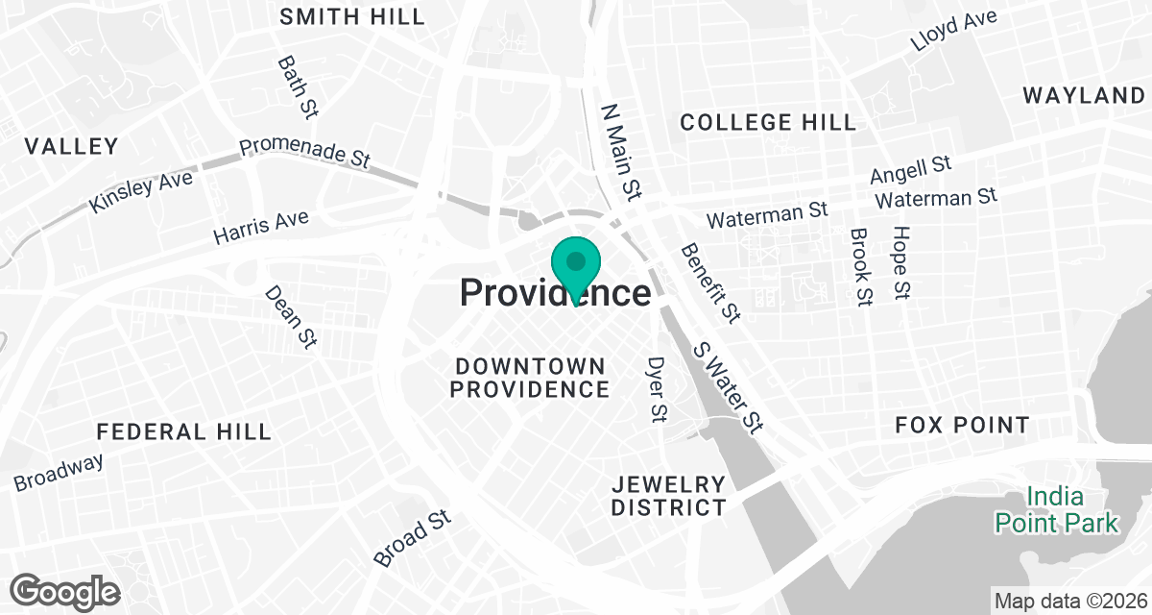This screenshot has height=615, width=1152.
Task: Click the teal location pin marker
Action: [x=576, y=263]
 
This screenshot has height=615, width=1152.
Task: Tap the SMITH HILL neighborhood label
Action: [x=352, y=16]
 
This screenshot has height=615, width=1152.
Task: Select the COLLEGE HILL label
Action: [x=768, y=122]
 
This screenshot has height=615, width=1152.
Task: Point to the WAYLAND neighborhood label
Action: [x=1083, y=95]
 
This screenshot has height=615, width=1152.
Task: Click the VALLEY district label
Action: [x=71, y=146]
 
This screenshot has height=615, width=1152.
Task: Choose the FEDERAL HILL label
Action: [x=184, y=431]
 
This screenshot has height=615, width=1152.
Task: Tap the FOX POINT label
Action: [x=962, y=425]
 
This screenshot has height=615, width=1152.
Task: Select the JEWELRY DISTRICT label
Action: [x=668, y=495]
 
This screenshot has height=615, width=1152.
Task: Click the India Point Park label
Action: [x=1056, y=510]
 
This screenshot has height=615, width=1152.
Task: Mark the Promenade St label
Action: [x=304, y=153]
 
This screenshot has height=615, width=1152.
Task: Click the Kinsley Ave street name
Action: [x=140, y=191]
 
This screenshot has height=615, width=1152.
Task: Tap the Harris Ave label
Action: [x=261, y=227]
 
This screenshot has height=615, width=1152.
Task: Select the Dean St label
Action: [x=291, y=316]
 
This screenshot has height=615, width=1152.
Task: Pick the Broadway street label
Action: [x=59, y=471]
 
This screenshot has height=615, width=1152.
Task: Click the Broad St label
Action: [x=412, y=537]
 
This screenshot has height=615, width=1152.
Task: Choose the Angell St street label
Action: [x=910, y=171]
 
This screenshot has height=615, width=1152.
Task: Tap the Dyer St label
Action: [x=658, y=389]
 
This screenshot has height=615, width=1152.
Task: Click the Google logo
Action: [x=65, y=591]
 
